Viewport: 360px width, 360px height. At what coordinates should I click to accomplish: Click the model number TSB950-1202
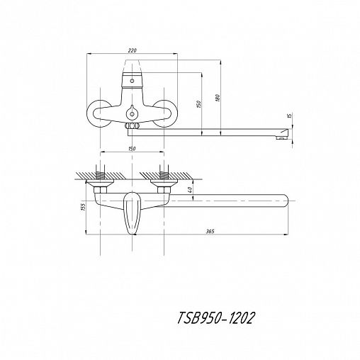(x=216, y=318)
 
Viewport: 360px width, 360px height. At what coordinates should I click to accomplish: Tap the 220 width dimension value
(x=133, y=50)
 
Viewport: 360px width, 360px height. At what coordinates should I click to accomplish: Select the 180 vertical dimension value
(x=218, y=98)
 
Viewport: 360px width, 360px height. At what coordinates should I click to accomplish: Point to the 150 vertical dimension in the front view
(x=199, y=104)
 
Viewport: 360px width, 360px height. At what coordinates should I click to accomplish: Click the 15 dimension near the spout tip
(x=291, y=116)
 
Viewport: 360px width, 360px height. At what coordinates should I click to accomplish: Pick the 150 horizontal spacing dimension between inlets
(x=132, y=149)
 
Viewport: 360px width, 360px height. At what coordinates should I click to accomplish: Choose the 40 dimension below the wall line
(x=191, y=189)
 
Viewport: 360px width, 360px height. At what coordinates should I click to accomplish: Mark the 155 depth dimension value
(x=83, y=207)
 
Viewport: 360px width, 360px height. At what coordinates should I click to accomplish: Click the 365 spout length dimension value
(x=210, y=232)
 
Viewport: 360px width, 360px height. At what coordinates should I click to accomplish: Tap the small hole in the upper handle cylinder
(x=132, y=81)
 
